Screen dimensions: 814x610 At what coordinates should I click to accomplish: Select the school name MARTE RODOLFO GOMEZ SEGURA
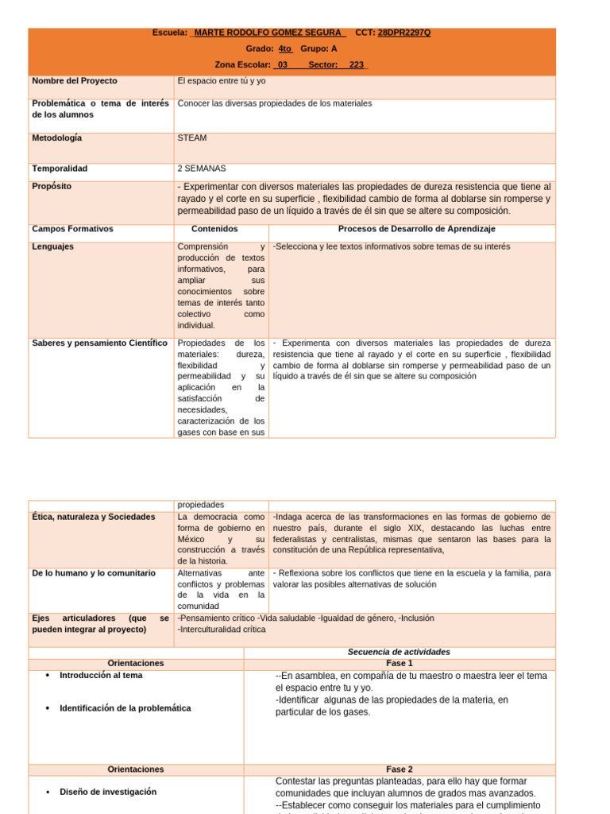click(269, 33)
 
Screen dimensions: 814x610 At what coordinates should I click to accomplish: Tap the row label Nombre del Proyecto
click(75, 81)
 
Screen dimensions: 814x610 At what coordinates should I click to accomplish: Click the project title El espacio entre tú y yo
click(222, 81)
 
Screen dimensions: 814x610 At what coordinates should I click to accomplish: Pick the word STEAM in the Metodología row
click(192, 138)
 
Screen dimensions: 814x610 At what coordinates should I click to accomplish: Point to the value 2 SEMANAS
click(202, 169)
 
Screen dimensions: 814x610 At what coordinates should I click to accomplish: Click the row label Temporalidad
click(60, 169)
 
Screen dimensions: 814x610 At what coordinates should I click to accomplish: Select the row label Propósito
click(52, 186)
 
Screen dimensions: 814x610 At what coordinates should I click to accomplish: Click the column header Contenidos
click(214, 229)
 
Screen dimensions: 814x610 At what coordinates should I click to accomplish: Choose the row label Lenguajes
click(53, 246)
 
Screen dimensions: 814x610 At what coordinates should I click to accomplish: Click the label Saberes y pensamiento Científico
click(99, 343)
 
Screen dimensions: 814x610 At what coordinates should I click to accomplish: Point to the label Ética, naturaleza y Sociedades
click(94, 517)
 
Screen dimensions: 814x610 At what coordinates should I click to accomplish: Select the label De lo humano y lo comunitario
click(94, 573)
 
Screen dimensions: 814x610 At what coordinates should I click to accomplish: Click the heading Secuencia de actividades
click(399, 652)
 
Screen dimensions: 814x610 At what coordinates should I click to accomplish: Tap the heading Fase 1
click(399, 663)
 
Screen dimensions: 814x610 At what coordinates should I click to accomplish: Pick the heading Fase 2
click(399, 769)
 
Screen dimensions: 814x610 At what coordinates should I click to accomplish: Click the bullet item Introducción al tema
click(101, 675)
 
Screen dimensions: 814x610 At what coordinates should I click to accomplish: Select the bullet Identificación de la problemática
click(125, 708)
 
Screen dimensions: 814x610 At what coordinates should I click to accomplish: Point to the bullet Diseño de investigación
click(108, 792)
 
